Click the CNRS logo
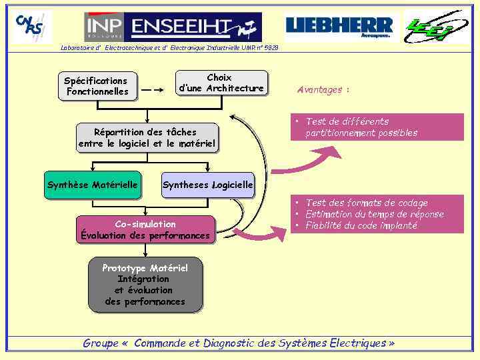(32, 27)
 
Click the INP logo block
(104, 27)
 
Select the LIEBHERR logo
(339, 27)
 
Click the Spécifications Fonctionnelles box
(97, 86)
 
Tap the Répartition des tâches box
(146, 137)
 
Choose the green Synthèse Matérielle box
(93, 185)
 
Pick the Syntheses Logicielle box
(208, 185)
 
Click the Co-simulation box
(145, 229)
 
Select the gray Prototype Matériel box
(145, 285)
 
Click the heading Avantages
(323, 89)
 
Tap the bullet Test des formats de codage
(367, 203)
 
